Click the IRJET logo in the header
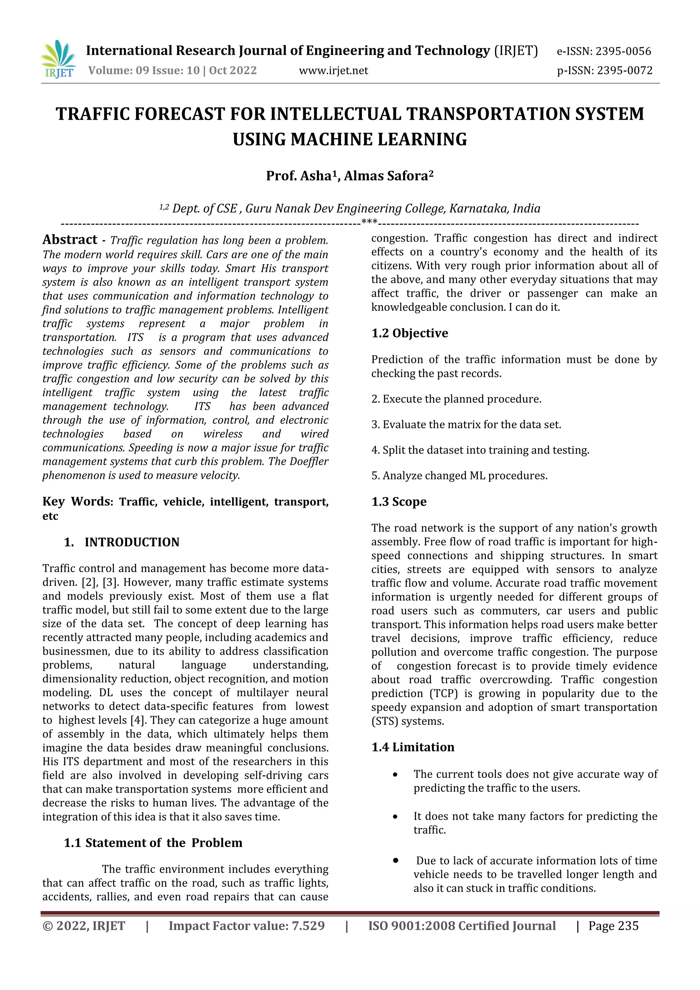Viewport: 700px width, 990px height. tap(58, 60)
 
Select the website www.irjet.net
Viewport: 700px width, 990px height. tap(333, 71)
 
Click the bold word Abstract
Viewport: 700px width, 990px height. tap(70, 240)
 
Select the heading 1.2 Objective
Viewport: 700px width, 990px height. tap(409, 333)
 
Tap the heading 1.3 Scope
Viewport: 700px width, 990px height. tap(399, 502)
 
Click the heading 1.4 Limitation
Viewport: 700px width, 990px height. tap(413, 747)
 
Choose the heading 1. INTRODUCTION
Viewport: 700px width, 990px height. tap(122, 542)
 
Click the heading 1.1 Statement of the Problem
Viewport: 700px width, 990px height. tap(153, 843)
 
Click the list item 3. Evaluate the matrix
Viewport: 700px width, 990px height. tap(466, 425)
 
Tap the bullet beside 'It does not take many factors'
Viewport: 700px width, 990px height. tap(395, 817)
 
